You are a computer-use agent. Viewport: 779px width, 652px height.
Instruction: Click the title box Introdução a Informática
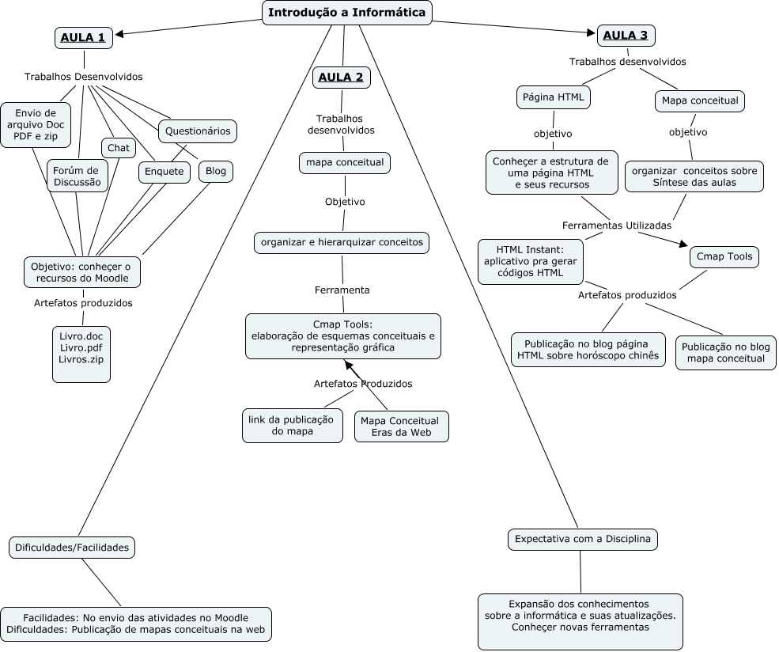(347, 13)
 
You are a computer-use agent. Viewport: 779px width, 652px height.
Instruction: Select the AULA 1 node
(83, 37)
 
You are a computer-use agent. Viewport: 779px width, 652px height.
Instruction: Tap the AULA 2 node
(342, 78)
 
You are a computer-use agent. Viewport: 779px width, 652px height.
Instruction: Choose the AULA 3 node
(626, 35)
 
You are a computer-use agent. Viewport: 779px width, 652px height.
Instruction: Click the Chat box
(118, 148)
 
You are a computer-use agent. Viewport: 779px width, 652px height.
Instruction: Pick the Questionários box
(198, 131)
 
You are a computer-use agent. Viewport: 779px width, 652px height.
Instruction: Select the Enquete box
(164, 171)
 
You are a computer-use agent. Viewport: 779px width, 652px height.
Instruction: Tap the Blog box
(215, 171)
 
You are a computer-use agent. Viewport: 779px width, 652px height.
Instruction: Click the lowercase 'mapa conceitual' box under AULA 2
(345, 163)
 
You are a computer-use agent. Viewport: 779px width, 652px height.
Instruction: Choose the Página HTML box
(554, 97)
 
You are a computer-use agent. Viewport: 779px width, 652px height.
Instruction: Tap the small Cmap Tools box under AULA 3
(724, 257)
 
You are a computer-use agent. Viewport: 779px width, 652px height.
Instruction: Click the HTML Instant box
(531, 262)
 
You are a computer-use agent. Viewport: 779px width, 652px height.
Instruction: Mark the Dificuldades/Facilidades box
(72, 547)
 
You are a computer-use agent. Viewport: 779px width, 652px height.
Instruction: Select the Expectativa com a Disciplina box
(582, 540)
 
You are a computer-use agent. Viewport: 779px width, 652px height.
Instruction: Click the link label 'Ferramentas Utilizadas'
(617, 226)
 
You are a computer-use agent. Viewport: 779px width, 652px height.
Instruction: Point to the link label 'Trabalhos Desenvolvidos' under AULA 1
(84, 77)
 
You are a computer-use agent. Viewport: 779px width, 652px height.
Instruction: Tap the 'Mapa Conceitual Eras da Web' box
(401, 426)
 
